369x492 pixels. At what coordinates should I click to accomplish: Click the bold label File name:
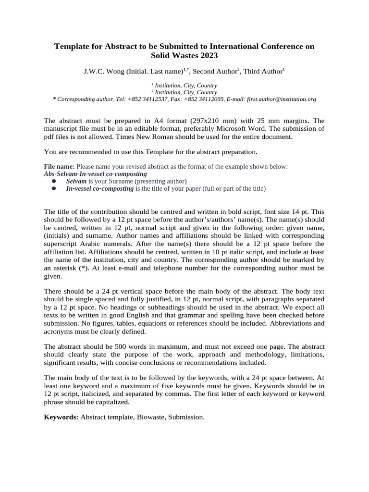(x=59, y=166)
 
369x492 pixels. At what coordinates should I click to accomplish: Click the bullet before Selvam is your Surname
(x=54, y=181)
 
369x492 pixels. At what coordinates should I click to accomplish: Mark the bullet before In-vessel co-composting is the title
(x=54, y=189)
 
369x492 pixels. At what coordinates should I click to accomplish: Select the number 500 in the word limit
(x=122, y=346)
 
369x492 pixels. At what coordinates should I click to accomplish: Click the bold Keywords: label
(x=61, y=417)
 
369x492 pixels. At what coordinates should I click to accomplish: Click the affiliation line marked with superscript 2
(x=184, y=92)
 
